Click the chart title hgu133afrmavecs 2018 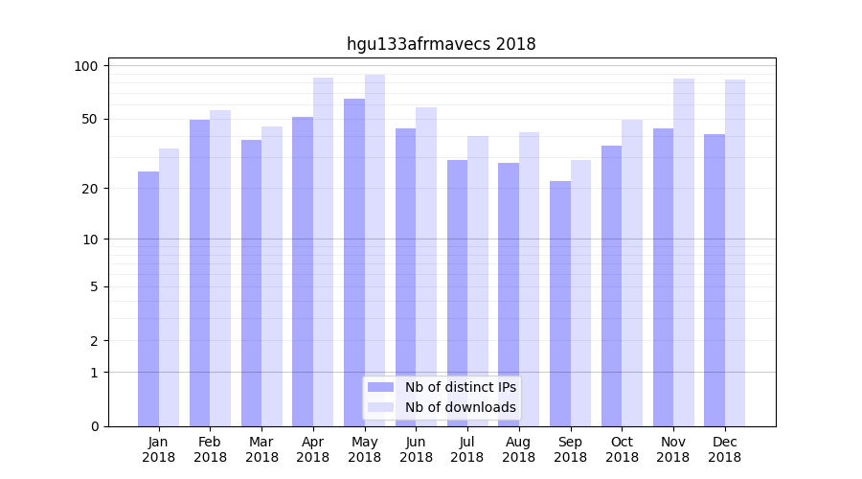pos(441,44)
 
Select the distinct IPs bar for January pos(148,299)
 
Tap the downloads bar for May pos(374,250)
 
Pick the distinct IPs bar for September pos(560,304)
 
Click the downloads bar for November pos(683,252)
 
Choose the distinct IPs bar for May pos(354,262)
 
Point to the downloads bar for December pos(735,253)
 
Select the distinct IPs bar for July pos(457,293)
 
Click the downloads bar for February pos(220,268)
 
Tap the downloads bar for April pos(323,252)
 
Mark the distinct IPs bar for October pos(611,285)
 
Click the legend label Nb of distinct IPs pos(460,387)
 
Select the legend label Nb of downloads pos(460,407)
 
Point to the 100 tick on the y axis pos(87,66)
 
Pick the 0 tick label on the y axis pos(95,426)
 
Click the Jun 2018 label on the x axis pos(416,449)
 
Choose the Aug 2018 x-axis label pos(519,449)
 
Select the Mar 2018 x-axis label pos(261,449)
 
